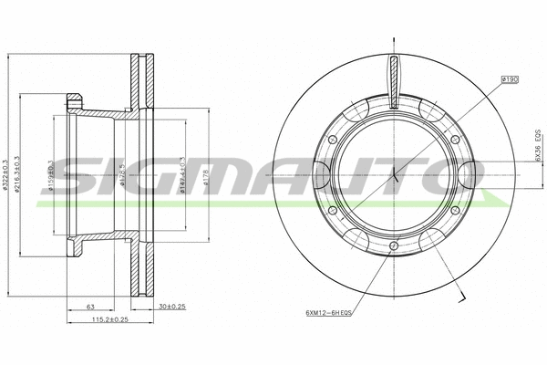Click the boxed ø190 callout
tap(510, 81)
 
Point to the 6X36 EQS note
tap(538, 144)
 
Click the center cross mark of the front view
tap(393, 176)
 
